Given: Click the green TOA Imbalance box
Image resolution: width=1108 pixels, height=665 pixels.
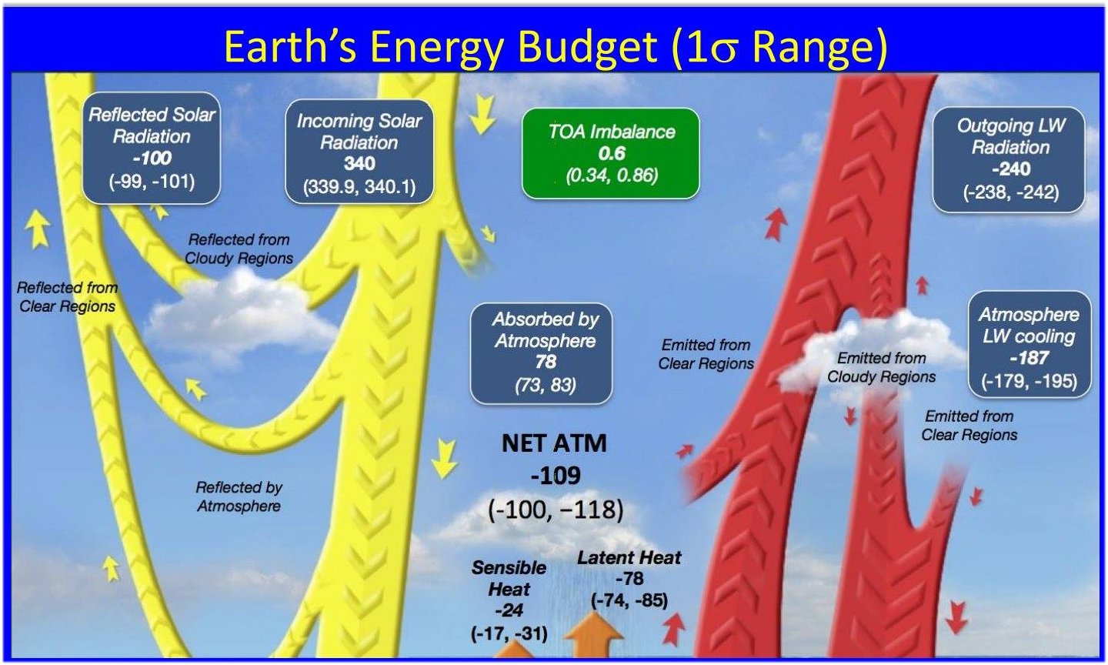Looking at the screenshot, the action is tap(611, 153).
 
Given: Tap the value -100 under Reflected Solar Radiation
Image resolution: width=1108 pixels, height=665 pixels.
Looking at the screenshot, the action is tap(152, 159).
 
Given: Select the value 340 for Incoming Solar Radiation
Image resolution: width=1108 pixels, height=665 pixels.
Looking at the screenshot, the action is tap(359, 164).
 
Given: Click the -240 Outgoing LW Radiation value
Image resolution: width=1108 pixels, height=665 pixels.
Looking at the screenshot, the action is tap(1011, 169).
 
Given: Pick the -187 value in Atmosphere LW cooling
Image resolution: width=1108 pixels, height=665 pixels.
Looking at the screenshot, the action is tap(1030, 358).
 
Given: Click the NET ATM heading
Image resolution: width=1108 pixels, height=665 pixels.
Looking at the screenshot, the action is tap(554, 443).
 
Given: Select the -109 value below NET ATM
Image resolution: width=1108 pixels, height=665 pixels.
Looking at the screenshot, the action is tap(556, 476).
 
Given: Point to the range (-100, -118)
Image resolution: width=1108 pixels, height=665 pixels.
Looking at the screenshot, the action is tap(556, 510).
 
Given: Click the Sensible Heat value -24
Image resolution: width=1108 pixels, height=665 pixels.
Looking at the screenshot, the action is tap(509, 610).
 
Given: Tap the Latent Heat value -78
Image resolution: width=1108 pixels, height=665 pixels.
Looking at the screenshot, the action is tap(629, 579).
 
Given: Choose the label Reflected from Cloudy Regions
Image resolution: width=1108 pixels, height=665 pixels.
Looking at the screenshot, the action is tap(239, 249).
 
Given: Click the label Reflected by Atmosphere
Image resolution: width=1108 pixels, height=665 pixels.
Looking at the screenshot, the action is tap(239, 496).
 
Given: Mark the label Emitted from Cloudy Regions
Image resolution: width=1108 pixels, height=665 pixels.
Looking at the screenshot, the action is tap(882, 367).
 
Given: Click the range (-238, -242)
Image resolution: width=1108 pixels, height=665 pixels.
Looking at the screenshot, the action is tap(1011, 192).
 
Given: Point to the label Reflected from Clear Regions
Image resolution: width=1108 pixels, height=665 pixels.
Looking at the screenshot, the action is tap(67, 297).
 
